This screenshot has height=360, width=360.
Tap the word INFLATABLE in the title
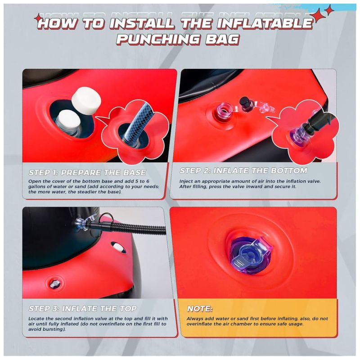(x=265, y=23)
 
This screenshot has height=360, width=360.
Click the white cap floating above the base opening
(x=86, y=101)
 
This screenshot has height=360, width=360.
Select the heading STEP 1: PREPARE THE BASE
(x=87, y=172)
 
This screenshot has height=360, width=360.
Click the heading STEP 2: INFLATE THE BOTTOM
(x=243, y=171)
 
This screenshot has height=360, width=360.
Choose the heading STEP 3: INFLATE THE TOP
(x=83, y=308)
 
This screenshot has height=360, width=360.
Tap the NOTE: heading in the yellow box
(x=200, y=309)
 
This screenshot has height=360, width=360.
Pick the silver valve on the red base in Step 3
(x=54, y=284)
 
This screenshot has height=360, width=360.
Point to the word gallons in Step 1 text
(x=37, y=187)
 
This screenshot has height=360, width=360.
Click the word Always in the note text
(x=195, y=319)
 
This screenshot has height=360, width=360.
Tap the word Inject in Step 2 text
(x=186, y=181)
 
